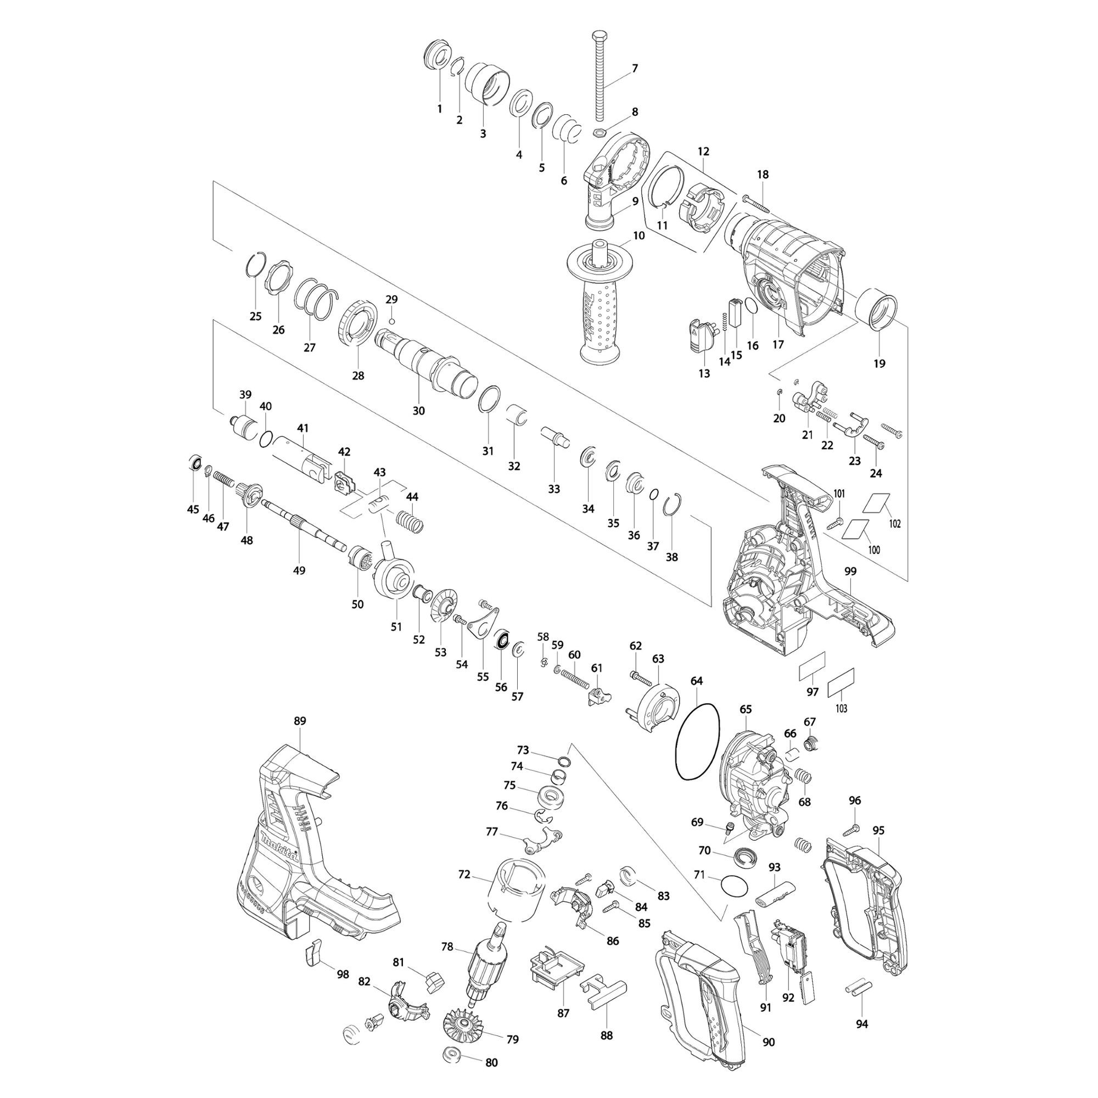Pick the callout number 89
(x=300, y=721)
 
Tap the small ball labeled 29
(x=391, y=321)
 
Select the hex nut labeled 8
(x=598, y=133)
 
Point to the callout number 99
(x=850, y=571)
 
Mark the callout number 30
(x=419, y=411)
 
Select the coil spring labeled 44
(x=410, y=522)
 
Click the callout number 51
(x=396, y=627)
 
